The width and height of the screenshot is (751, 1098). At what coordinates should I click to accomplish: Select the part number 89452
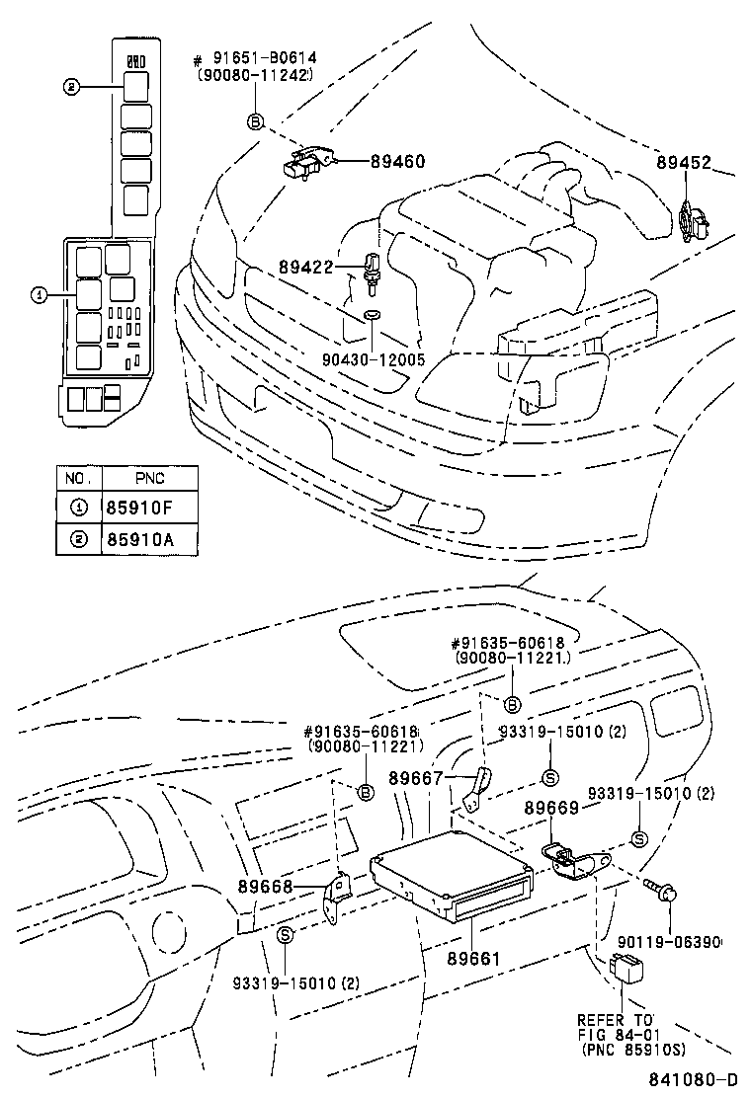[683, 164]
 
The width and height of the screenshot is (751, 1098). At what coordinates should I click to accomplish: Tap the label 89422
[305, 267]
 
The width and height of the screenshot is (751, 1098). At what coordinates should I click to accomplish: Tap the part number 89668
[266, 886]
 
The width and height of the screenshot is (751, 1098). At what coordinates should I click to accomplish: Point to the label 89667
[416, 779]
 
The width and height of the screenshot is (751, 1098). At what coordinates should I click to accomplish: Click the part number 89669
[552, 807]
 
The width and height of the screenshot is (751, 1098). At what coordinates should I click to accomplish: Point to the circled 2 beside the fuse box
[70, 87]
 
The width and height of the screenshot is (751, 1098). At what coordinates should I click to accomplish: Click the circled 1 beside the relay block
[39, 294]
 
